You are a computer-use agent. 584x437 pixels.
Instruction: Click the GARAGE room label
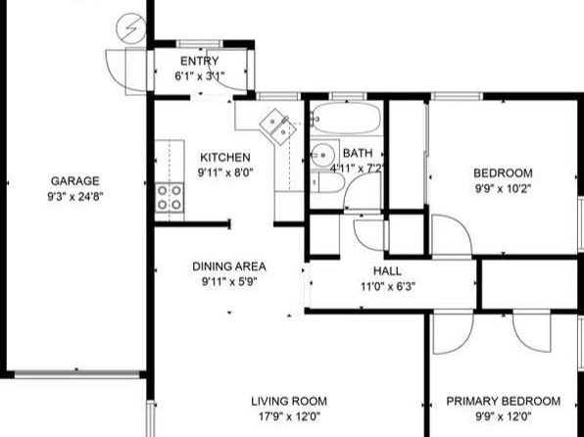click(x=75, y=181)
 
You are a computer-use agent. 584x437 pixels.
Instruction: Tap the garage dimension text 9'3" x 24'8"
click(x=74, y=196)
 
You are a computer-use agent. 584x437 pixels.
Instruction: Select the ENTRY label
click(x=200, y=61)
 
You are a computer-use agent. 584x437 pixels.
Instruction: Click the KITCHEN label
click(x=225, y=157)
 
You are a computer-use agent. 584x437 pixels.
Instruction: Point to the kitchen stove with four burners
click(x=170, y=198)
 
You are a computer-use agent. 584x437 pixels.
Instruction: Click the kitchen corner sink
click(x=278, y=126)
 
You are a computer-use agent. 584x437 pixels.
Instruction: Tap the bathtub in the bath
click(x=346, y=119)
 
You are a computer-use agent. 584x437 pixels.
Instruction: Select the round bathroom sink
click(x=322, y=154)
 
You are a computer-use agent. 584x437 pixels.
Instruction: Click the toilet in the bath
click(x=327, y=182)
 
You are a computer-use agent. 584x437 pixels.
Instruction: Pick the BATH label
click(x=358, y=153)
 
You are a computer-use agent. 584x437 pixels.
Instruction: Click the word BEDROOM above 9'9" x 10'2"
click(x=503, y=172)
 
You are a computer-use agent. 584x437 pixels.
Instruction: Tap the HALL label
click(x=387, y=270)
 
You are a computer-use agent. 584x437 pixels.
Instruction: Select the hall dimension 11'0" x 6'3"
click(x=388, y=286)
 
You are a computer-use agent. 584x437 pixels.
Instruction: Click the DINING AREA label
click(x=229, y=267)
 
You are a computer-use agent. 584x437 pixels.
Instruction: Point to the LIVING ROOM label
click(x=289, y=401)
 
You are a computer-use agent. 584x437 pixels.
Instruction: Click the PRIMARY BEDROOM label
click(x=504, y=401)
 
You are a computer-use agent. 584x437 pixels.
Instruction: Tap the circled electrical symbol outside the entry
click(x=130, y=28)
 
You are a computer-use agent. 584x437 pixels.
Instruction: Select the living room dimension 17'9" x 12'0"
click(x=289, y=416)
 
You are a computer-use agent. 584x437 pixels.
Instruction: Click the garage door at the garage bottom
click(x=76, y=374)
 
